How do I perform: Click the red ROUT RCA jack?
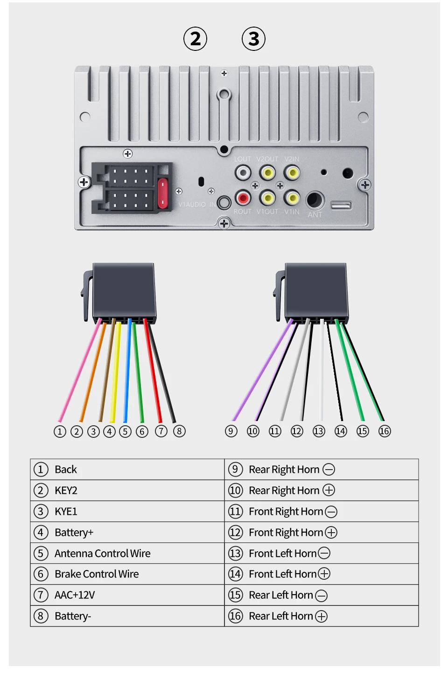pos(243,198)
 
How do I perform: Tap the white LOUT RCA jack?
pos(243,173)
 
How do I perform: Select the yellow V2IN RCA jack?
pos(292,173)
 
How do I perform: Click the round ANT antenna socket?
pos(315,200)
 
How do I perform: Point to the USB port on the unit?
pos(341,205)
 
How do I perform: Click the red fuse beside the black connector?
pos(162,192)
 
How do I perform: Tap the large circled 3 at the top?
pos(253,39)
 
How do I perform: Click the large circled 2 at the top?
pos(195,39)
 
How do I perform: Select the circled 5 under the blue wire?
pos(125,431)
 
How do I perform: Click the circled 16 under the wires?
pos(385,431)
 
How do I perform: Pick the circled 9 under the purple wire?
pos(231,431)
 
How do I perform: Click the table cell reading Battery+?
pos(74,532)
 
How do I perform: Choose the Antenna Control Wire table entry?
pos(102,553)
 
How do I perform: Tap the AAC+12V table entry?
pos(75,595)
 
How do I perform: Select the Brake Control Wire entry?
pos(97,574)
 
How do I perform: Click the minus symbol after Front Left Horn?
pos(324,553)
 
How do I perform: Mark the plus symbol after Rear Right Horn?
pos(329,490)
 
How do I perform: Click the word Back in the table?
pos(66,469)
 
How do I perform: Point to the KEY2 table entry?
pos(66,490)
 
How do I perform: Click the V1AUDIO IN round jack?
pos(224,203)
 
